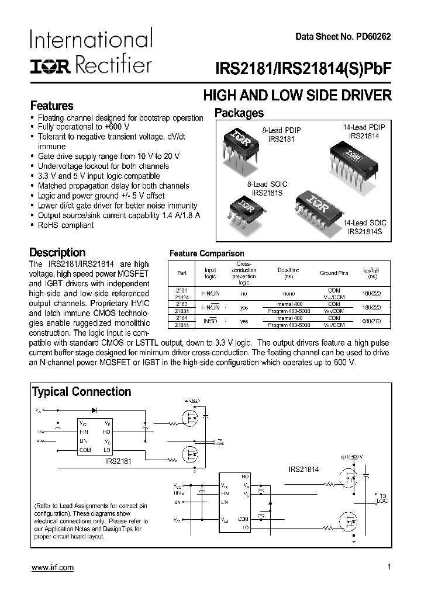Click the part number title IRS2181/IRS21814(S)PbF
click(315, 66)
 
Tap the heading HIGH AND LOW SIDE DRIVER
click(297, 96)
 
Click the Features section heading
click(51, 106)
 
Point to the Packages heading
click(239, 113)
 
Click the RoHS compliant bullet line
click(65, 225)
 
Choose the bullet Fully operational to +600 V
click(83, 127)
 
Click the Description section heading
click(57, 252)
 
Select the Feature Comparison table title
click(206, 253)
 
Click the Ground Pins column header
click(333, 273)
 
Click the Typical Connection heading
click(81, 392)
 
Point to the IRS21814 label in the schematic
click(303, 469)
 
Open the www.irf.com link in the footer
click(52, 568)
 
